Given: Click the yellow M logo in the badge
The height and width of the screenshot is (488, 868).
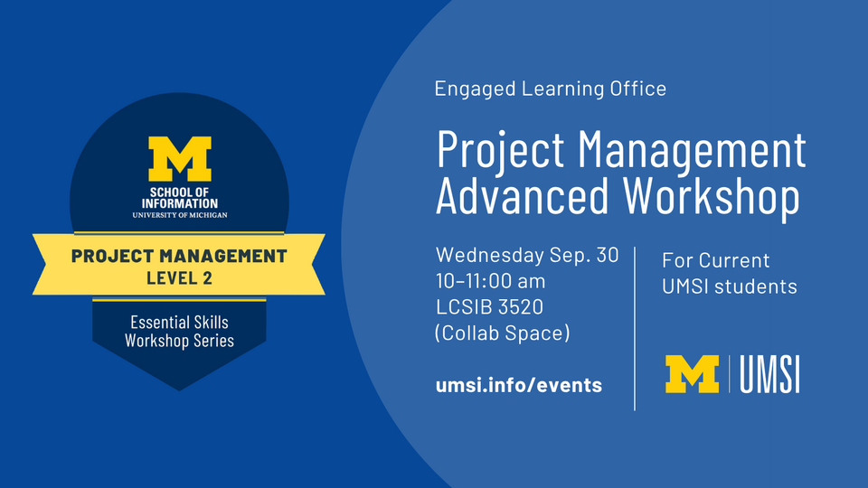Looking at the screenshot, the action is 180,158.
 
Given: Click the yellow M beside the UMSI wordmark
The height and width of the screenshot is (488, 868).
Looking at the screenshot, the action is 692,374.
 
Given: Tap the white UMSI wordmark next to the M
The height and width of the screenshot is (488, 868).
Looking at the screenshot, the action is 769,374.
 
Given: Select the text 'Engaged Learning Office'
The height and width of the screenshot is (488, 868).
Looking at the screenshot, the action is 551,89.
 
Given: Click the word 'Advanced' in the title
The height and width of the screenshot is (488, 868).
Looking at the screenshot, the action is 522,195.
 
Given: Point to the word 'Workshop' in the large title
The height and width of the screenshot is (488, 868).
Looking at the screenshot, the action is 712,198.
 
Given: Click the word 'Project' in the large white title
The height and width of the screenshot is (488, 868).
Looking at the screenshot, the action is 500,151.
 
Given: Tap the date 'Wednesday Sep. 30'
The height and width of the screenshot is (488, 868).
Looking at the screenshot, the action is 527,255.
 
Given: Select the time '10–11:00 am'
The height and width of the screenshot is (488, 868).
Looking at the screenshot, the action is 490,281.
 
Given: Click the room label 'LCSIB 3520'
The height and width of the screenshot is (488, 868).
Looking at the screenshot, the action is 489,307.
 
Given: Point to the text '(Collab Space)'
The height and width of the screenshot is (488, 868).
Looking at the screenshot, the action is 502,333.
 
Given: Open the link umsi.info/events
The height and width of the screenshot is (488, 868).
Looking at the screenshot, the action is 519,385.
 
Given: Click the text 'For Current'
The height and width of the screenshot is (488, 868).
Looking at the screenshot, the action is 716,260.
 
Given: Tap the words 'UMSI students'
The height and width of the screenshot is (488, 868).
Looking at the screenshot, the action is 730,286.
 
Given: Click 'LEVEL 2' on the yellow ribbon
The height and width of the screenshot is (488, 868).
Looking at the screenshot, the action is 179,277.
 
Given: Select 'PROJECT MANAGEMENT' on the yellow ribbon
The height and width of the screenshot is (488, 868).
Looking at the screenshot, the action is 179,256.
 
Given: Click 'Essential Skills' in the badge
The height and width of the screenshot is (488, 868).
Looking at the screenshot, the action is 179,322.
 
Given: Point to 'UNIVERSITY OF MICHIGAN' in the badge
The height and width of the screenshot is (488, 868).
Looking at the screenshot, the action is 180,215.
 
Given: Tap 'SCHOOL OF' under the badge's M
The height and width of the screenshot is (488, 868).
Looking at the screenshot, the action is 179,192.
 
